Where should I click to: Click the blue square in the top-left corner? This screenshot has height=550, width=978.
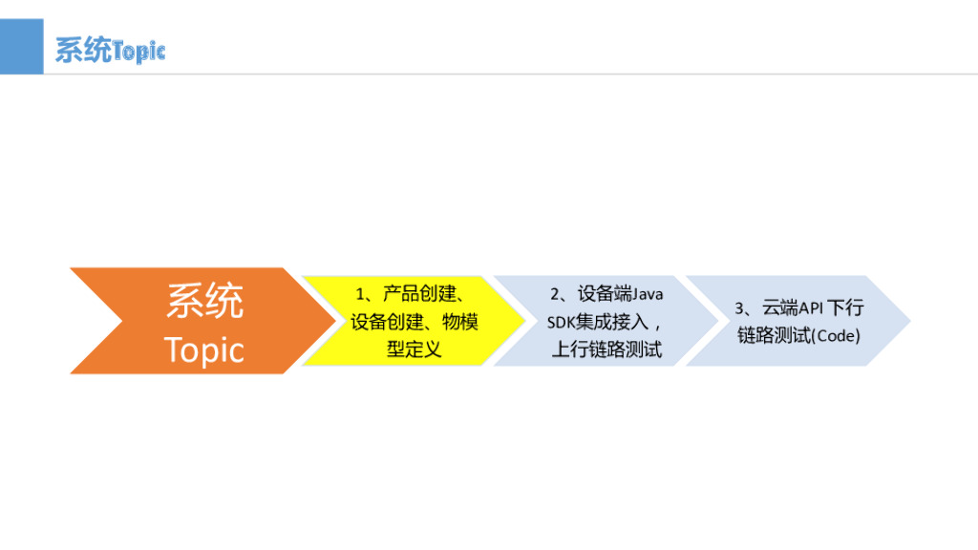coord(21,46)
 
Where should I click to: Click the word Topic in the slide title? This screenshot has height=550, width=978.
coord(139,51)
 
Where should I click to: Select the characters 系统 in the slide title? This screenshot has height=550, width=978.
coord(83,50)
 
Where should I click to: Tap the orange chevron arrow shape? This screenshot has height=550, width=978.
coord(191,321)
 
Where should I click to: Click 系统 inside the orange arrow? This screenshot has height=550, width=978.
coord(204,302)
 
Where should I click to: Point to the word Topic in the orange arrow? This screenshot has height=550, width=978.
coord(204,349)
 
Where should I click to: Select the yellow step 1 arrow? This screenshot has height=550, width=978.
coord(413,321)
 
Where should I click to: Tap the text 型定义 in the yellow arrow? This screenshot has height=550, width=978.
coord(414,349)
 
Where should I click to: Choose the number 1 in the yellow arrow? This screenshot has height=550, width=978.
coord(361,294)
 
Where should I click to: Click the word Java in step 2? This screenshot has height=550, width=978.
coord(648,294)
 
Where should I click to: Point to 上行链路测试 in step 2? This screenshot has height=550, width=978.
coord(606,349)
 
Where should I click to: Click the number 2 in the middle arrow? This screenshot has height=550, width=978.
coord(554,294)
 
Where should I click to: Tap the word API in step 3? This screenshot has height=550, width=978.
coord(810,308)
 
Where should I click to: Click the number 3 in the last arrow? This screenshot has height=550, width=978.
coord(739,308)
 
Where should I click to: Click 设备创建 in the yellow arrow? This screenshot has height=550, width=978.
coord(383,322)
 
